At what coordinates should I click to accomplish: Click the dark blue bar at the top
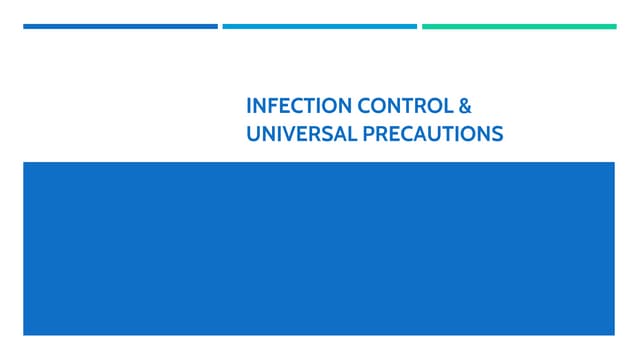[x=120, y=26]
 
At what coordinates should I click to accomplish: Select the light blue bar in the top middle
[x=319, y=26]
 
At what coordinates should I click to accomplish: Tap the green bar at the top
[x=519, y=26]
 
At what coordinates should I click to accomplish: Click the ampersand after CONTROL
[x=463, y=105]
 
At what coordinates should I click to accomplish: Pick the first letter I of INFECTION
[x=249, y=105]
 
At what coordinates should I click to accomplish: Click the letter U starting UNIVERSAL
[x=253, y=132]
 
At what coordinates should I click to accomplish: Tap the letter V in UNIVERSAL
[x=285, y=132]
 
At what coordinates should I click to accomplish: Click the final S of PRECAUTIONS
[x=497, y=132]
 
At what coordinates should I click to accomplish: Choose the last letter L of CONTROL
[x=447, y=105]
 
